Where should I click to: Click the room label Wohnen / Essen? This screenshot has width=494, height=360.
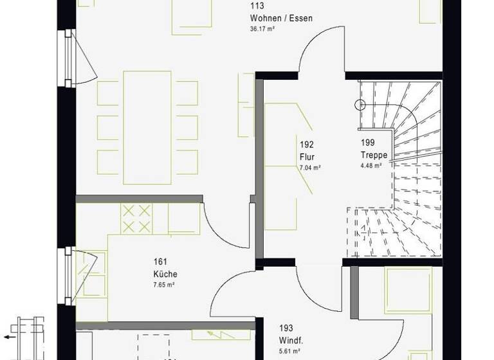point(282,19)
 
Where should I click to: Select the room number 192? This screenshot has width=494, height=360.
point(306,144)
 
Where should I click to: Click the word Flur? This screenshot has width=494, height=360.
point(306,156)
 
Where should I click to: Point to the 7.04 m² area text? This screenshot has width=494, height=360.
point(310,167)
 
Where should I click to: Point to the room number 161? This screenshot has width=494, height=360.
point(160,262)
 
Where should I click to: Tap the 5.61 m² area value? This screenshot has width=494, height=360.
point(289,351)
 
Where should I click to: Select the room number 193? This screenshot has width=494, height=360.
point(286,328)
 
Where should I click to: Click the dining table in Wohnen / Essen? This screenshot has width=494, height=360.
point(147,118)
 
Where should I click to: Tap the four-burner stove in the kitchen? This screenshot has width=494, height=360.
point(136,219)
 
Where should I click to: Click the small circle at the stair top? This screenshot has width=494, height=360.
point(360,104)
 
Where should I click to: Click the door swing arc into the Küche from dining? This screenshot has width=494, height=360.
point(225,226)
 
